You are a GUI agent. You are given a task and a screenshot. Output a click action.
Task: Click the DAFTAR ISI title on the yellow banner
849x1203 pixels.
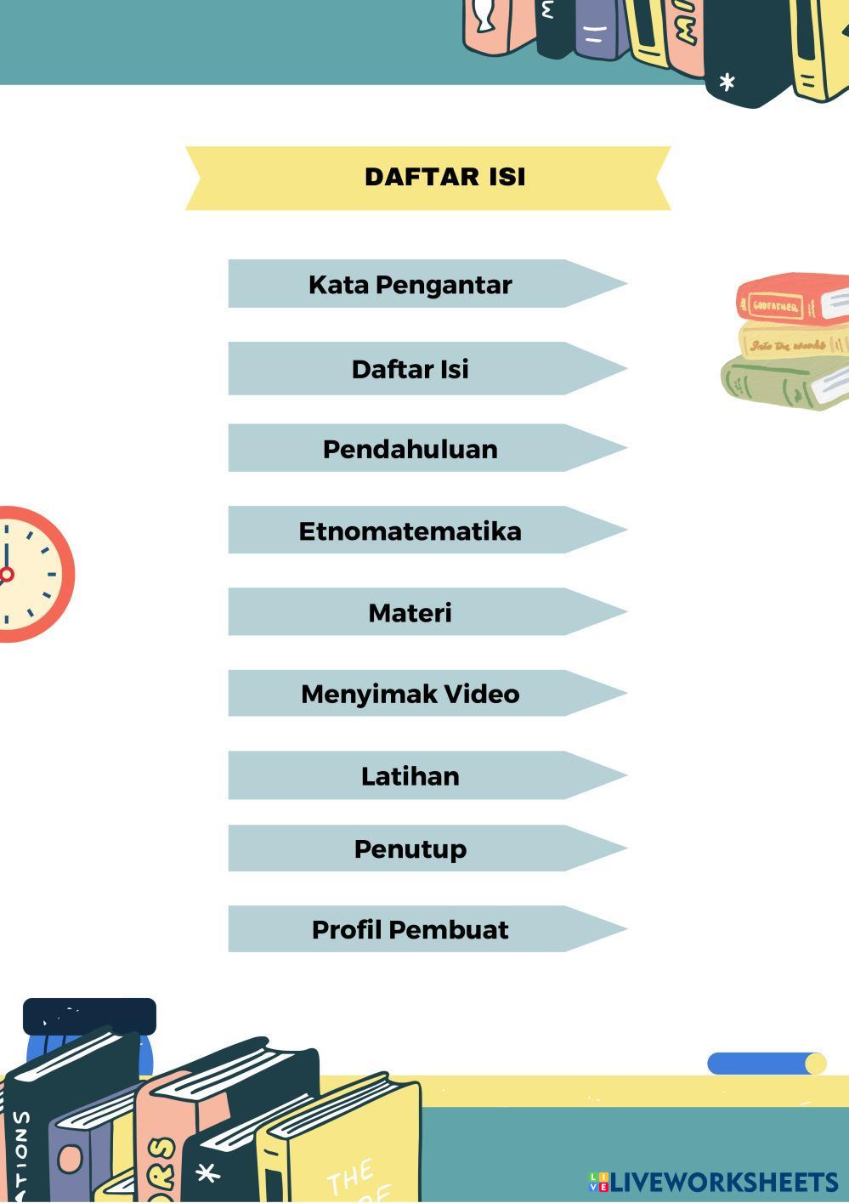[444, 177]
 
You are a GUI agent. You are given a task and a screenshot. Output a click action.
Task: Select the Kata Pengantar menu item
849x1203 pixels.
[410, 285]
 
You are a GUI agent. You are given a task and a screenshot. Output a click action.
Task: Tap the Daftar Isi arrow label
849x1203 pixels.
[410, 369]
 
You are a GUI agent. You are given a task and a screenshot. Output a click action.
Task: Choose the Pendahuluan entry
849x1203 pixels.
[410, 449]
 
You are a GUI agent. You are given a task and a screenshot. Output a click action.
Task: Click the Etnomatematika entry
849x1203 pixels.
[410, 531]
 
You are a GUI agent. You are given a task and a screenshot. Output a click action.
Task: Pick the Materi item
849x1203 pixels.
[410, 612]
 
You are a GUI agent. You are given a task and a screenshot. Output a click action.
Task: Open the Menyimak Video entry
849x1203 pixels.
[410, 694]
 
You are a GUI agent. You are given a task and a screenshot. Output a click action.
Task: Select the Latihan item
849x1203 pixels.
[410, 775]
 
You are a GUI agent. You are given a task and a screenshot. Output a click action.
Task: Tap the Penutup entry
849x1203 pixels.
[410, 848]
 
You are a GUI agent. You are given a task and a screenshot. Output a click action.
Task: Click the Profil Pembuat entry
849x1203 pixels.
[410, 929]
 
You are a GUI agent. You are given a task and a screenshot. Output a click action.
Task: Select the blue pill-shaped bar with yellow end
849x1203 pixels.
[765, 1064]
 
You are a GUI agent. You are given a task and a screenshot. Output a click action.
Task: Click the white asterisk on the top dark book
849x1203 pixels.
[727, 82]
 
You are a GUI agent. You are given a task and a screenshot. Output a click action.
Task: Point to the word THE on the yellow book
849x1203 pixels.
[348, 1177]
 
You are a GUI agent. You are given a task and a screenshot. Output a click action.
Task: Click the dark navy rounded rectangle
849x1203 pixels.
[89, 1016]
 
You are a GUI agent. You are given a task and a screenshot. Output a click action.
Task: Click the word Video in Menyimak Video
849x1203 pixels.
[482, 694]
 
